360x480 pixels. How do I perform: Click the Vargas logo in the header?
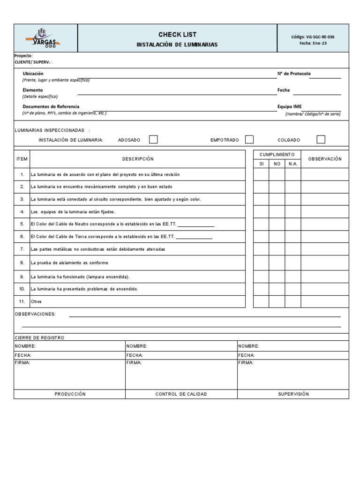tap(46, 38)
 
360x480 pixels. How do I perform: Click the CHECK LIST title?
tap(177, 34)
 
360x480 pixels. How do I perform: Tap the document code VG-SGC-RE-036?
tap(313, 37)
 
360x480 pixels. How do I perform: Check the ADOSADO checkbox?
tap(153, 139)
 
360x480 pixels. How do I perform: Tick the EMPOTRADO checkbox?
tap(249, 139)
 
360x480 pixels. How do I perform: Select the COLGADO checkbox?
tap(321, 139)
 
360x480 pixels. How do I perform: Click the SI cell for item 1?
tap(261, 174)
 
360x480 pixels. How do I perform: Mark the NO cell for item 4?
tap(277, 212)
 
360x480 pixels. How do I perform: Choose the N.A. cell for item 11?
tap(292, 301)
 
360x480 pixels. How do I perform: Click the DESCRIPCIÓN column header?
tap(138, 159)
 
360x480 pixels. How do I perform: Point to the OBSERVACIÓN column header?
tap(324, 159)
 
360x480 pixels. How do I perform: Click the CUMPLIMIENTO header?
tap(277, 154)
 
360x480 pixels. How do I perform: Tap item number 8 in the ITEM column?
tap(22, 263)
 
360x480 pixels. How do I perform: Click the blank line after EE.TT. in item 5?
tap(195, 225)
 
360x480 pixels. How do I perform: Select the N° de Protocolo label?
tap(294, 74)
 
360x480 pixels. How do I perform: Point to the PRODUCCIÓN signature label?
tap(70, 394)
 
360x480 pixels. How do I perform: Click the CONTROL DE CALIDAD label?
tap(181, 394)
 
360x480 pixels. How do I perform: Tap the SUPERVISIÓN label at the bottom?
tap(293, 394)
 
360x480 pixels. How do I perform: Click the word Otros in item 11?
tap(36, 301)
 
